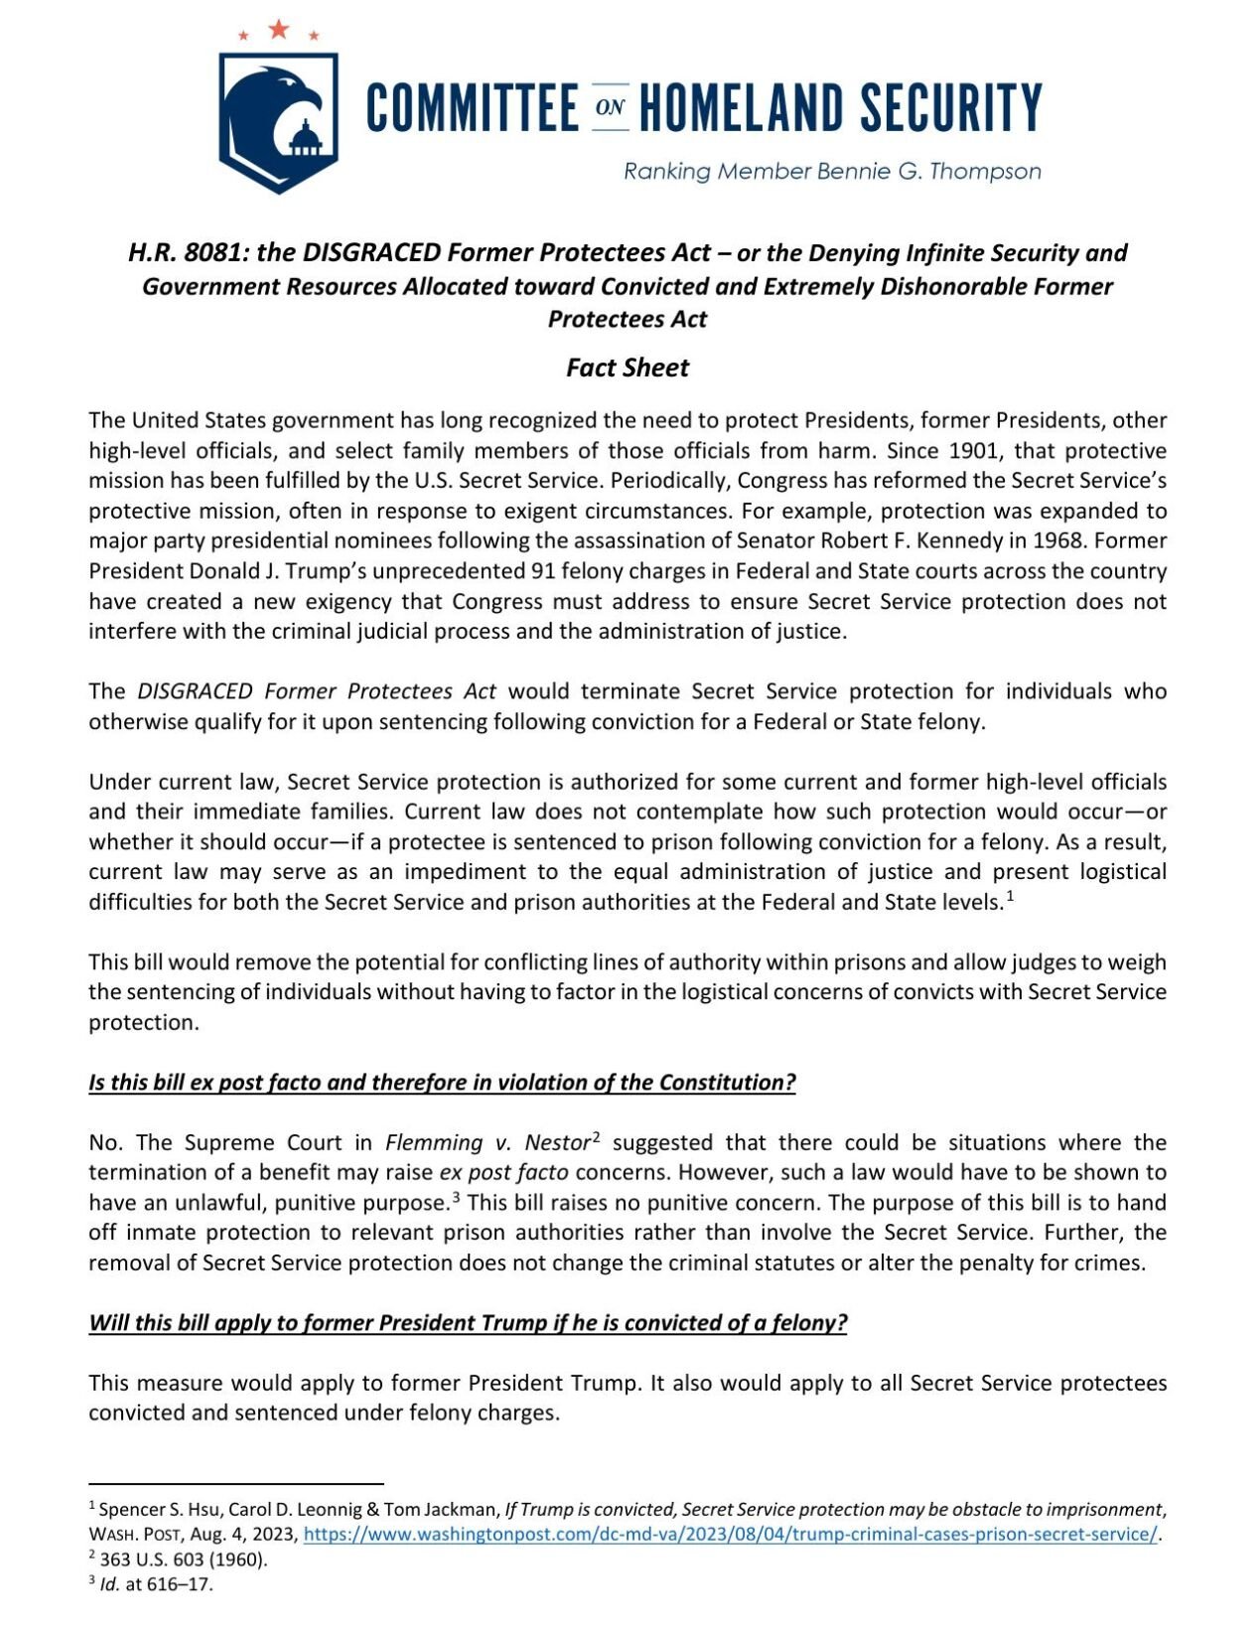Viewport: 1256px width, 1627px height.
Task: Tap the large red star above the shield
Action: coord(279,29)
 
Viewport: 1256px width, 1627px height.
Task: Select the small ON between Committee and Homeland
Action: coord(610,106)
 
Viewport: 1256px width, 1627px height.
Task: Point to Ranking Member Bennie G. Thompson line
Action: coord(832,171)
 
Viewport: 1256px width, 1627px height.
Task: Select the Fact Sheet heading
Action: coord(628,368)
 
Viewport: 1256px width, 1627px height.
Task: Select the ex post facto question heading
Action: coord(442,1082)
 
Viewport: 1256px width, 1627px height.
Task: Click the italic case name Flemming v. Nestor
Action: coord(488,1142)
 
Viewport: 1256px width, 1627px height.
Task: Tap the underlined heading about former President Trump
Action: coord(468,1322)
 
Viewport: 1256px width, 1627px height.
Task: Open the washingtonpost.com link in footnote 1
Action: coord(730,1534)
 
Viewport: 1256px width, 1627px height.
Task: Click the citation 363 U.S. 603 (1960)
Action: coord(184,1558)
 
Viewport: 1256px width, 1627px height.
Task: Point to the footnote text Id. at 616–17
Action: coord(156,1583)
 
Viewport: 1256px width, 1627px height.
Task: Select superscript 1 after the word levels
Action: coord(1010,897)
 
